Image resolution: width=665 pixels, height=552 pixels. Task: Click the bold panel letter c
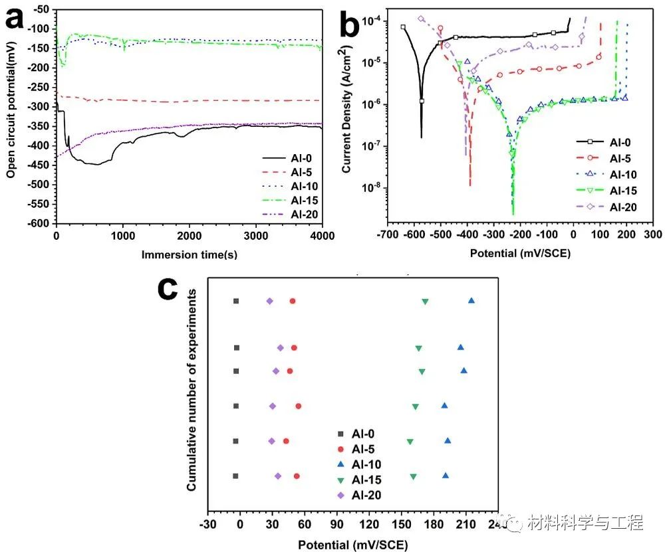170,290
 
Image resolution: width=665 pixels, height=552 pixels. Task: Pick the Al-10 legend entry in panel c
367,464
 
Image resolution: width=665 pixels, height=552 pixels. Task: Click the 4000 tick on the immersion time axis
322,236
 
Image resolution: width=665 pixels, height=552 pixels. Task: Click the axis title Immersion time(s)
190,254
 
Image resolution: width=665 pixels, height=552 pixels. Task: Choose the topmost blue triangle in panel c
471,301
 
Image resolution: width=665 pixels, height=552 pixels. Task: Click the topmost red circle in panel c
293,302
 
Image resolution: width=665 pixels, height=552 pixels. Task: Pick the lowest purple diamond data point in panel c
278,476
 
